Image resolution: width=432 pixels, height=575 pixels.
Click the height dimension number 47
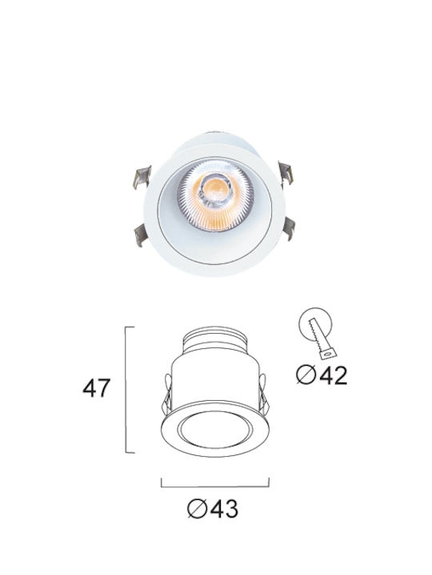96,388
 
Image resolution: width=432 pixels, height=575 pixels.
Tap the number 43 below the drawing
224,508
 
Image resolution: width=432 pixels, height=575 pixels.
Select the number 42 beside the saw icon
333,375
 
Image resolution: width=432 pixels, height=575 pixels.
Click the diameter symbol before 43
197,509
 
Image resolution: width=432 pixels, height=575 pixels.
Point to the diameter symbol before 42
306,375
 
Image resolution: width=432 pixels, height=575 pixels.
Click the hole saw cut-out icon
318,333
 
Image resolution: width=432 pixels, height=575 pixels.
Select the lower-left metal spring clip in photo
142,234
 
